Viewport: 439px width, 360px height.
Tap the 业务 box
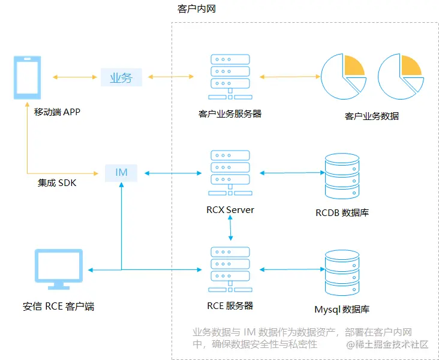point(121,77)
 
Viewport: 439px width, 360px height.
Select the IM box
point(121,173)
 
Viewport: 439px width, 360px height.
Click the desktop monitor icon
point(58,271)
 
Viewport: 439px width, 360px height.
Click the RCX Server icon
point(230,173)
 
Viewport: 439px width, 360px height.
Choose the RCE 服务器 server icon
point(230,269)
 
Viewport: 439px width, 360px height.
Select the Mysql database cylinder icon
point(342,271)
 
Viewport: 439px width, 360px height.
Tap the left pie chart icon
point(343,77)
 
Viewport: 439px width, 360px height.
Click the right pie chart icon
point(401,77)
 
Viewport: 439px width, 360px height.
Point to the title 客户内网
point(196,10)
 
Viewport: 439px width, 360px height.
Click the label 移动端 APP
point(57,112)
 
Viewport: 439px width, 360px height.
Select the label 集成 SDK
point(57,182)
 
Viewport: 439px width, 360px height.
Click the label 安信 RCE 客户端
point(58,307)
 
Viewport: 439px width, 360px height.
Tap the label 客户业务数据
point(372,116)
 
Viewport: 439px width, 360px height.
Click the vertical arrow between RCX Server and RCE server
point(230,229)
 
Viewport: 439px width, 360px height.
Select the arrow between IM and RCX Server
point(170,173)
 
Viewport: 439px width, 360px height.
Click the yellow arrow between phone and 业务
point(75,77)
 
